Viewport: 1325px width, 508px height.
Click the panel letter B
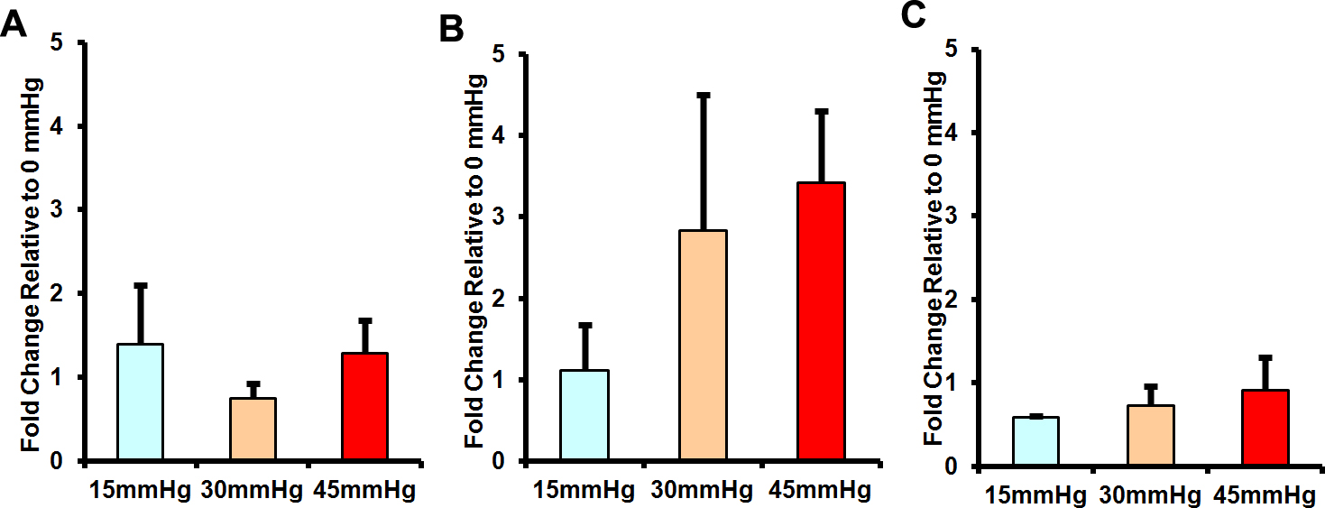(x=452, y=31)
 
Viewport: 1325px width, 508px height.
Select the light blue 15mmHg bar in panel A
(x=140, y=402)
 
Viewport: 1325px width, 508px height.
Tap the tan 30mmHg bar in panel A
(x=253, y=429)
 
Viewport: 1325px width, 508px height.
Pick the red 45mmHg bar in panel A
(x=364, y=407)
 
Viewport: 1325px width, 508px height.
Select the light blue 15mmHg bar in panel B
(x=584, y=416)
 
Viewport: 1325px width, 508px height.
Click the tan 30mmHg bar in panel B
(x=703, y=346)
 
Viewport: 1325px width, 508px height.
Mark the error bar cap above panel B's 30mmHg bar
(x=704, y=95)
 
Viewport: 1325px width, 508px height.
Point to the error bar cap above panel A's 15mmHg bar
(x=140, y=285)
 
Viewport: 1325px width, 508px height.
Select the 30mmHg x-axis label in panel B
(x=703, y=490)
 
